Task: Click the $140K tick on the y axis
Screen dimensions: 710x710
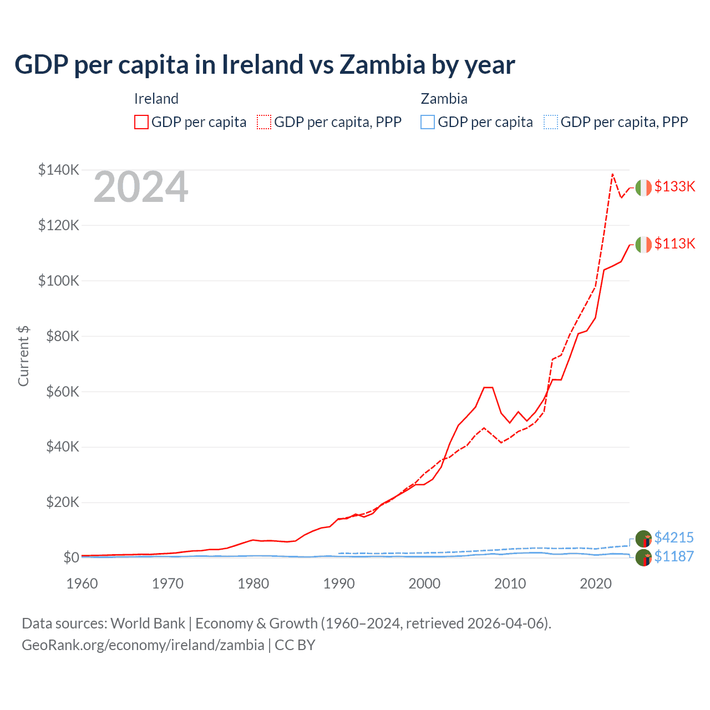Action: pyautogui.click(x=58, y=170)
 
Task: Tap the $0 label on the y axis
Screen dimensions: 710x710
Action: pyautogui.click(x=70, y=557)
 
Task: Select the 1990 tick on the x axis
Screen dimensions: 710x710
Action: pyautogui.click(x=339, y=584)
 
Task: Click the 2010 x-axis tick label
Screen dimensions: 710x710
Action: pyautogui.click(x=510, y=584)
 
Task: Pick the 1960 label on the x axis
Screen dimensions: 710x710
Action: pyautogui.click(x=82, y=584)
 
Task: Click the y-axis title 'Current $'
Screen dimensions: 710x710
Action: pyautogui.click(x=23, y=356)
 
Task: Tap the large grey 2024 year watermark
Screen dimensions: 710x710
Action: pyautogui.click(x=141, y=187)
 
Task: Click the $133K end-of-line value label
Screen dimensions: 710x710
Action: pyautogui.click(x=674, y=186)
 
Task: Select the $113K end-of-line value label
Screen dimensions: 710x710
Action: pyautogui.click(x=674, y=244)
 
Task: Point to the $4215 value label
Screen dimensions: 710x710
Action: pyautogui.click(x=674, y=537)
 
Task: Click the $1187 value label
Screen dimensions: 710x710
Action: pyautogui.click(x=674, y=556)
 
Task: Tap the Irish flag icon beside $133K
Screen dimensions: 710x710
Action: pyautogui.click(x=643, y=188)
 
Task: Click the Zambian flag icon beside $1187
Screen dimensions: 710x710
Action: pyautogui.click(x=643, y=557)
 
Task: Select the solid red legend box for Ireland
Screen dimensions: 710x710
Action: pyautogui.click(x=141, y=122)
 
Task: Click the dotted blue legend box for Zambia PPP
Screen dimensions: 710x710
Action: pyautogui.click(x=551, y=122)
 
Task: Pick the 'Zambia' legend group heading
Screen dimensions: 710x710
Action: pyautogui.click(x=444, y=99)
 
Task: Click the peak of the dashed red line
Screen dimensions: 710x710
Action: pyautogui.click(x=612, y=174)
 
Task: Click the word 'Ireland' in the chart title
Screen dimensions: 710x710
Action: pyautogui.click(x=262, y=64)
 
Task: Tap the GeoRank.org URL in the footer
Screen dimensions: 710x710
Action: pyautogui.click(x=143, y=645)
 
